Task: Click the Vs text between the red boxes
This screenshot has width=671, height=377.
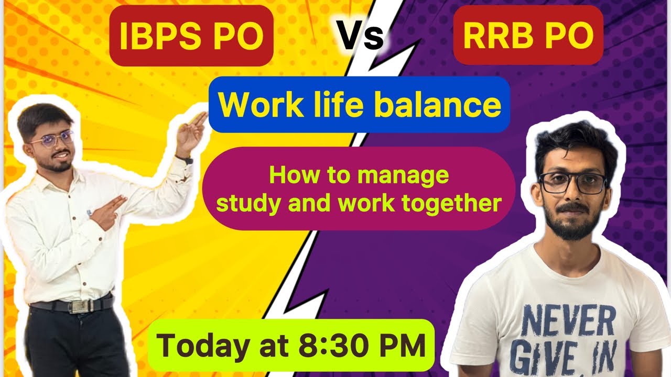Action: pyautogui.click(x=360, y=37)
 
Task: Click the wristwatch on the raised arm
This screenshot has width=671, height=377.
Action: pyautogui.click(x=186, y=160)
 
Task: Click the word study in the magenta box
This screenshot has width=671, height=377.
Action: pyautogui.click(x=243, y=203)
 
